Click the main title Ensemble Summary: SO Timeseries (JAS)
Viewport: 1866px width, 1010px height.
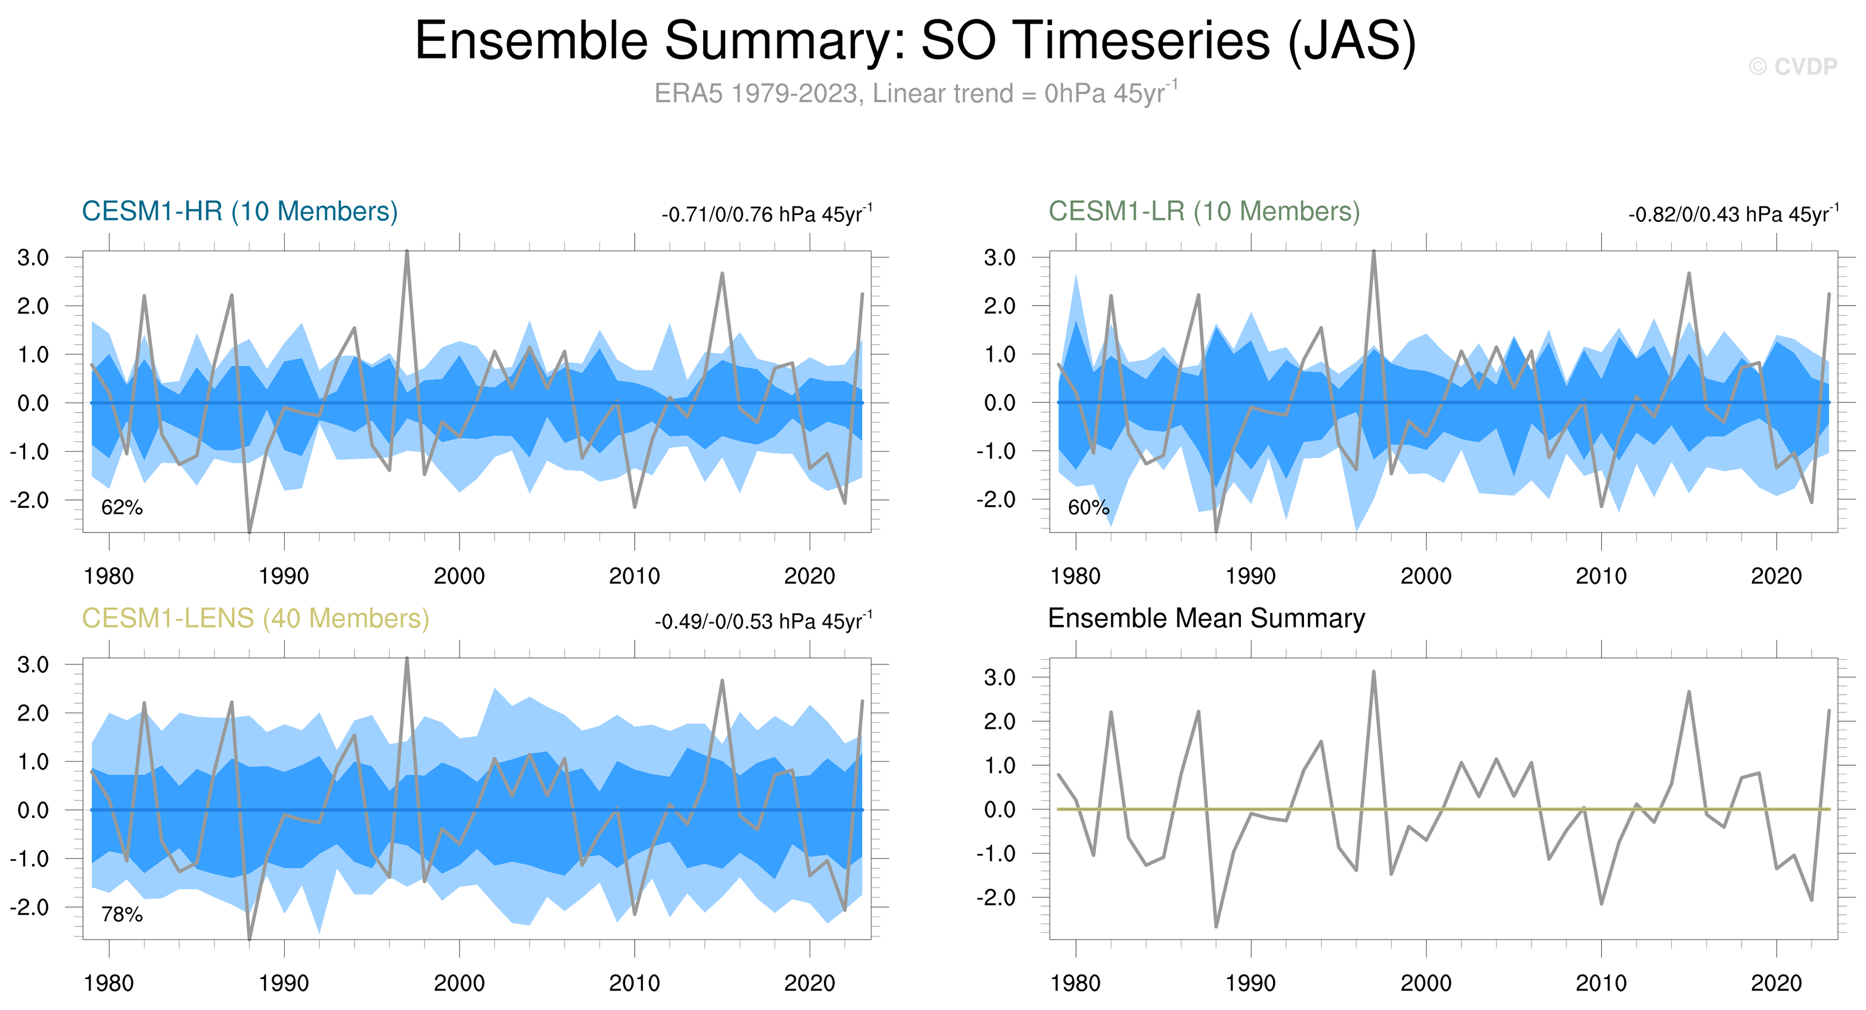915,41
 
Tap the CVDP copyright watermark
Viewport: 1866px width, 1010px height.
1793,66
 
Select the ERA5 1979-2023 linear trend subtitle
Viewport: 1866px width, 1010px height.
916,93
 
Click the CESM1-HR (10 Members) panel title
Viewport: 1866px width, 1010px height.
240,212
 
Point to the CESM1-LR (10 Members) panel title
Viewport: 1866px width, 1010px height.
1204,212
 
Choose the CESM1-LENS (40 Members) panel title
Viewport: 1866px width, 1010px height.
255,618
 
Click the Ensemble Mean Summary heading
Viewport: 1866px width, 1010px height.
1206,618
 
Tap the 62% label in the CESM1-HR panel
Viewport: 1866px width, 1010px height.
121,508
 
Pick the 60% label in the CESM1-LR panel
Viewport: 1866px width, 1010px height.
1088,508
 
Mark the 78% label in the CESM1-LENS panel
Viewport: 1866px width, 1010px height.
121,915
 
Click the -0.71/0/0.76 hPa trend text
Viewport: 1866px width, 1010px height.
767,214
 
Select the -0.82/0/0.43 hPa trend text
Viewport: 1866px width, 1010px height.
1733,214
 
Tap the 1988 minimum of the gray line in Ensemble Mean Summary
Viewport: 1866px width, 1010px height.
1216,926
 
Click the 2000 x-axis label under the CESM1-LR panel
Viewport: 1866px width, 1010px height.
1425,577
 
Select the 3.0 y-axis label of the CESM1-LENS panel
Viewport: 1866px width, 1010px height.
33,665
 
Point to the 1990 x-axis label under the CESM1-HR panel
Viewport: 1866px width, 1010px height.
284,577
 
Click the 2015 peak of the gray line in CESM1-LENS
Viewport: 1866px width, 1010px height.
722,681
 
